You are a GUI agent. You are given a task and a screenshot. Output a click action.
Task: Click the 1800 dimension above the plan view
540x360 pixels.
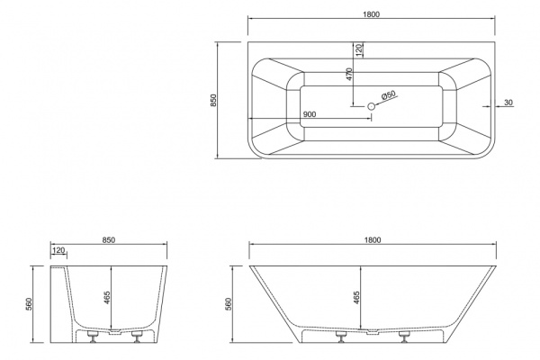pos(371,14)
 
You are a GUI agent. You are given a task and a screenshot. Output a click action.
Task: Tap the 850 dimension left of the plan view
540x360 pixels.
pos(213,100)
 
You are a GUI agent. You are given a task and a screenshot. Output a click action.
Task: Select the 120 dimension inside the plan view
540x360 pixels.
pos(359,50)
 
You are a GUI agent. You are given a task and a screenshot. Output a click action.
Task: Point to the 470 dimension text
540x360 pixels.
pos(349,74)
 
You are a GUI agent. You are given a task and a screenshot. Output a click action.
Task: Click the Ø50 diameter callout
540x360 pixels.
pos(389,95)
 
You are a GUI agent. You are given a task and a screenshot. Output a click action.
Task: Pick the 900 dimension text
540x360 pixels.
pos(310,114)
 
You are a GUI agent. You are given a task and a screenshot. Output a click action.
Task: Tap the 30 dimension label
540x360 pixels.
pos(508,103)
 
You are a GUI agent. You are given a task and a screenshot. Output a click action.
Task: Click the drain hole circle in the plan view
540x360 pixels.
pos(371,106)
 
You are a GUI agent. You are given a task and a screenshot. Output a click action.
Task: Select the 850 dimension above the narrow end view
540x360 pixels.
pos(109,239)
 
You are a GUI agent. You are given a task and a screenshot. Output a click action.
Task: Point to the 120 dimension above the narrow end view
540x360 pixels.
pos(58,250)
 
